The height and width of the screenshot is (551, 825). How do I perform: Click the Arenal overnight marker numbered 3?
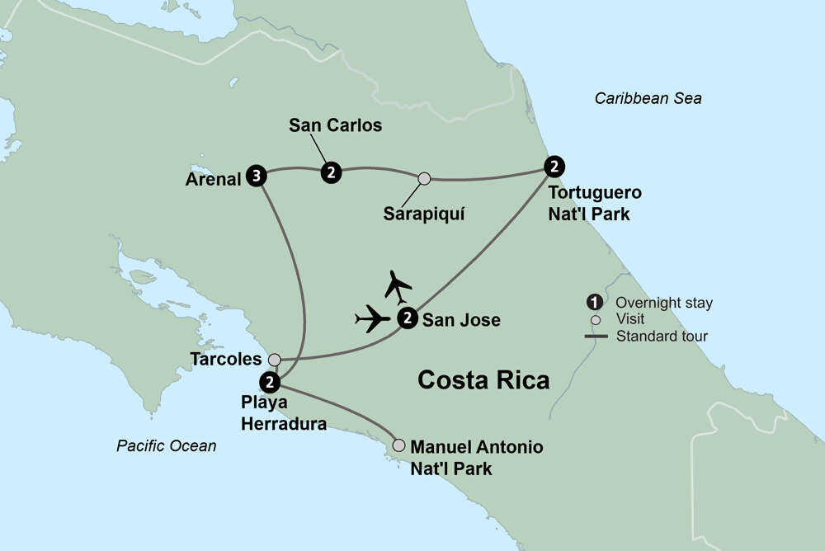pyautogui.click(x=257, y=176)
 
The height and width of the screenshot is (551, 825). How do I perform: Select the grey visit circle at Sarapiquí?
pyautogui.click(x=424, y=178)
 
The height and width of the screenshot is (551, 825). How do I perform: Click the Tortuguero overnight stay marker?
pyautogui.click(x=555, y=166)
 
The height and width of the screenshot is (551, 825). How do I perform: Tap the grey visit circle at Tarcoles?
pyautogui.click(x=275, y=360)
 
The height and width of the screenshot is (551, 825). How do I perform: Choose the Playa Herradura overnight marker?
pyautogui.click(x=269, y=382)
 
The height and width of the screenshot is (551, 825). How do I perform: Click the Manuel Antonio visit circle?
pyautogui.click(x=399, y=445)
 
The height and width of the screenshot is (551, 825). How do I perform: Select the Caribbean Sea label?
pyautogui.click(x=648, y=99)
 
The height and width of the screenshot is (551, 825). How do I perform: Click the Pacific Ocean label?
pyautogui.click(x=166, y=446)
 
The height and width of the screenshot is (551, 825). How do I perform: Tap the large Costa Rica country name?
pyautogui.click(x=483, y=380)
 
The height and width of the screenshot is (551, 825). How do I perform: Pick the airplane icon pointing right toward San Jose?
pyautogui.click(x=373, y=318)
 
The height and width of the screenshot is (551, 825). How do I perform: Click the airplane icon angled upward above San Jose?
pyautogui.click(x=398, y=285)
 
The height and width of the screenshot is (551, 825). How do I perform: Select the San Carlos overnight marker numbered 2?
pyautogui.click(x=331, y=172)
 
